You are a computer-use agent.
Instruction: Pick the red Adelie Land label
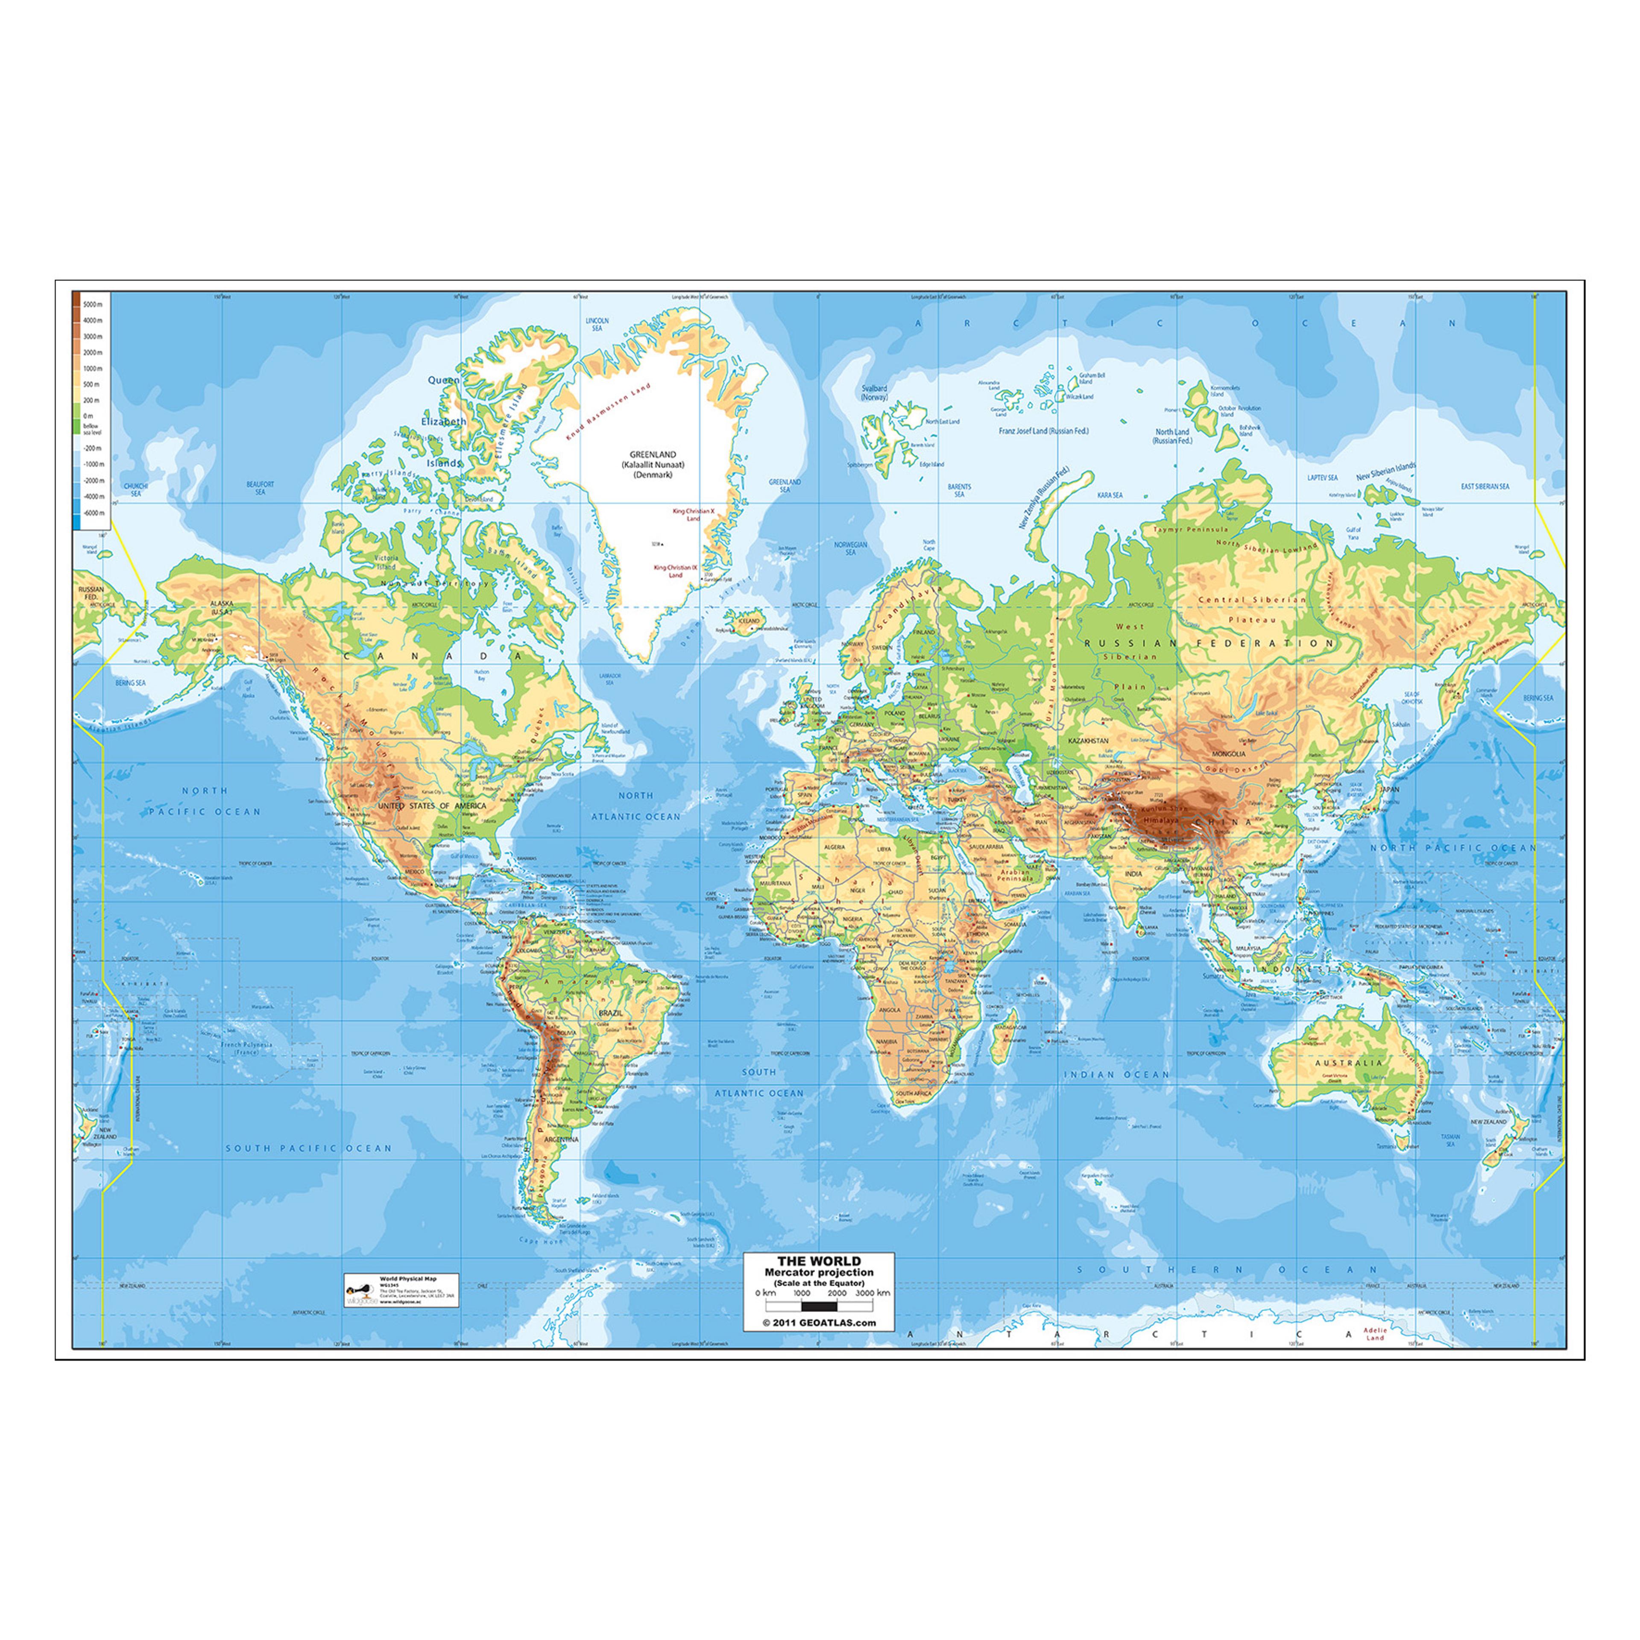[1374, 1333]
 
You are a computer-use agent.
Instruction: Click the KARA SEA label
[1110, 495]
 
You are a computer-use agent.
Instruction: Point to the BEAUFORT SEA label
[260, 488]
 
